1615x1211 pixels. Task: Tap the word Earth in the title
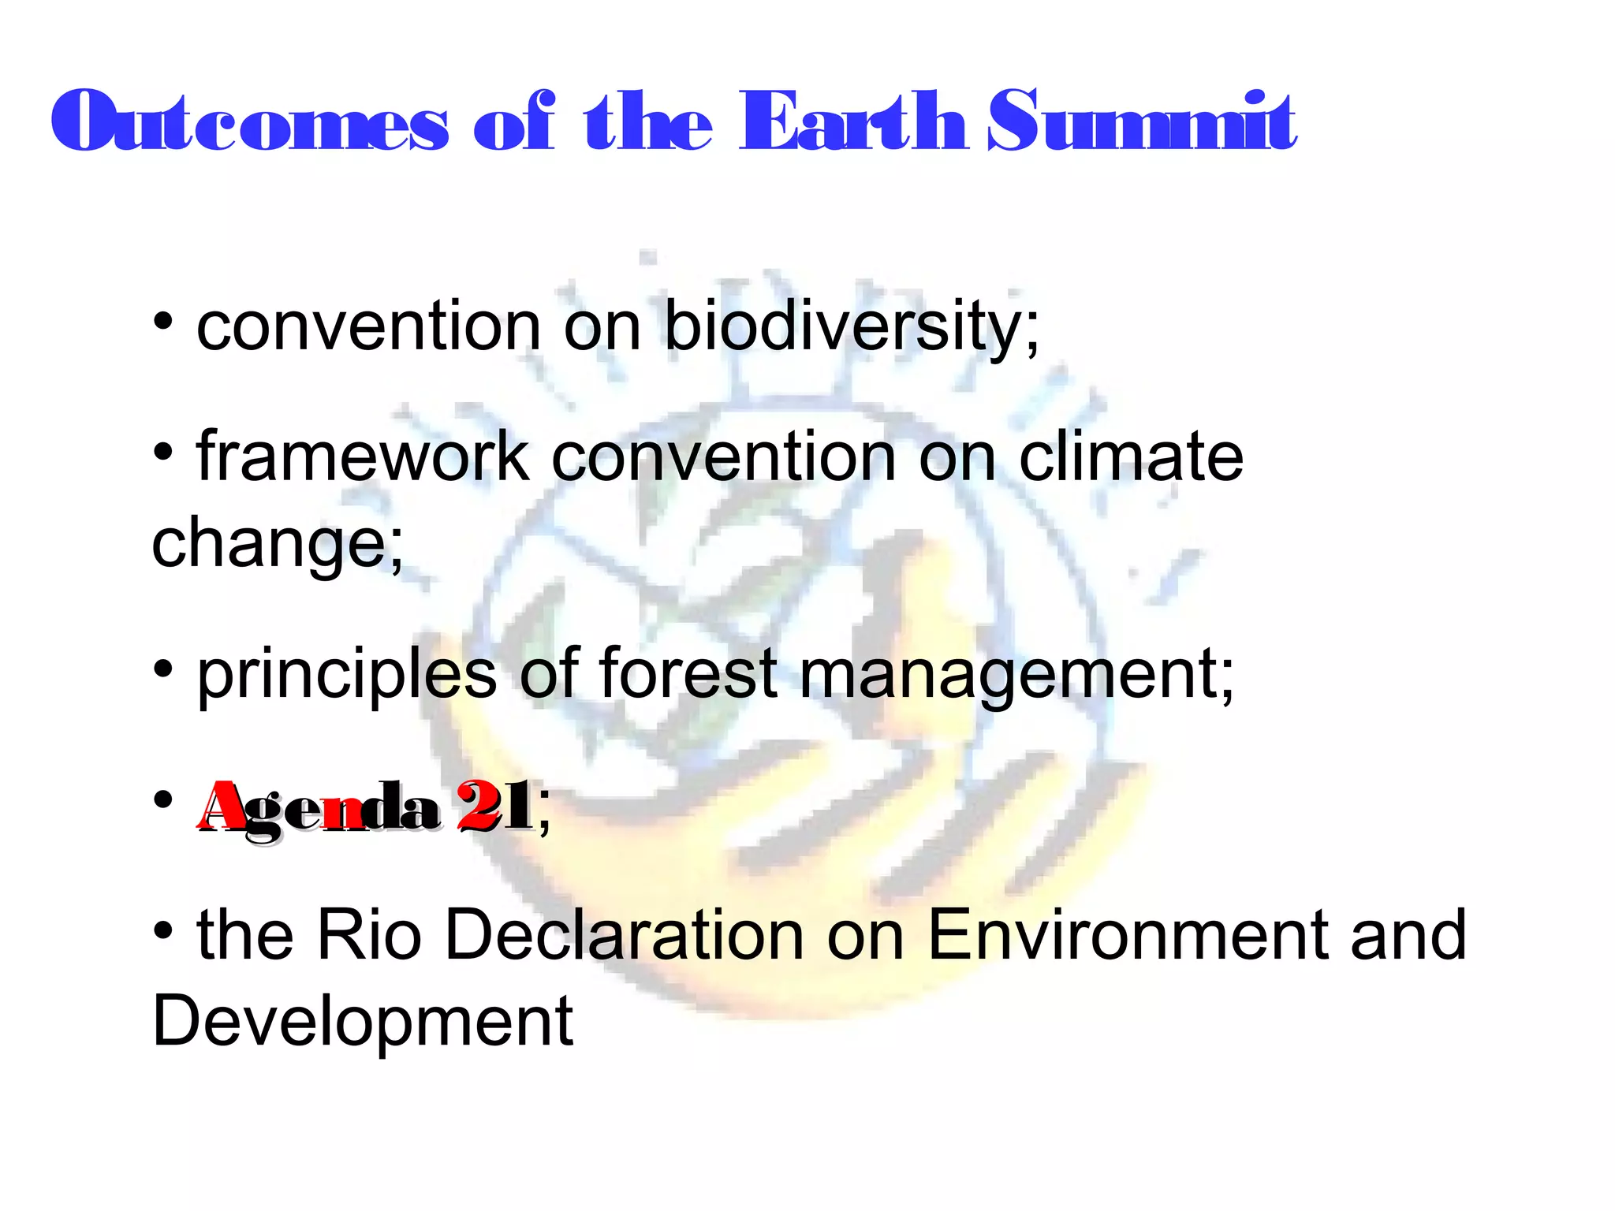852,122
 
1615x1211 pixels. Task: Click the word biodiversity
852,327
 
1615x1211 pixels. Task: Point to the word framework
363,457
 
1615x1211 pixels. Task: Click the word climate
1131,457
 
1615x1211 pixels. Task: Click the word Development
363,1023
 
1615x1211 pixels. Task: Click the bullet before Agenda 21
163,800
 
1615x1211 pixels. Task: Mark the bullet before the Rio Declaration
163,930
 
